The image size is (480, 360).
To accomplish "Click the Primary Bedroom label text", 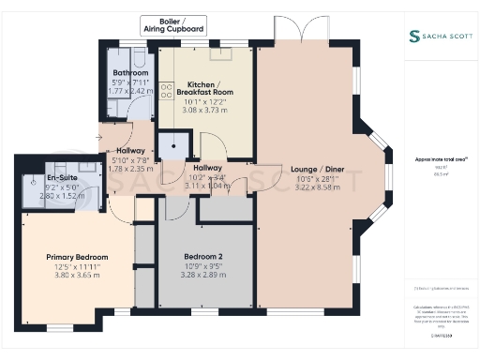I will click(x=77, y=257).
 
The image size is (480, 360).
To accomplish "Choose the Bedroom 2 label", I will click(x=204, y=256).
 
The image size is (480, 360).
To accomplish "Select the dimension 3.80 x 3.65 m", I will click(x=77, y=275).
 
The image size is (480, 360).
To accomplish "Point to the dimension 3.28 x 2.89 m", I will click(x=204, y=274).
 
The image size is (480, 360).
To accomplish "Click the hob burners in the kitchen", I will click(x=166, y=90).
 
